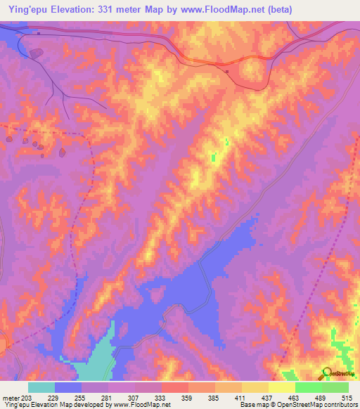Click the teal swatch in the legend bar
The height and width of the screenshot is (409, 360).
41,387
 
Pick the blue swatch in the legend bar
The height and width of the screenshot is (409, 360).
68,387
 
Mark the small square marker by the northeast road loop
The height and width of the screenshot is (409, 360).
226,70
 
